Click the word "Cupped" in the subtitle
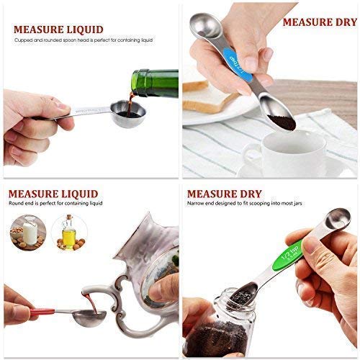(x=22, y=40)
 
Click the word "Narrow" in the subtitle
(x=196, y=204)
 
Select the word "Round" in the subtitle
(x=17, y=204)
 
